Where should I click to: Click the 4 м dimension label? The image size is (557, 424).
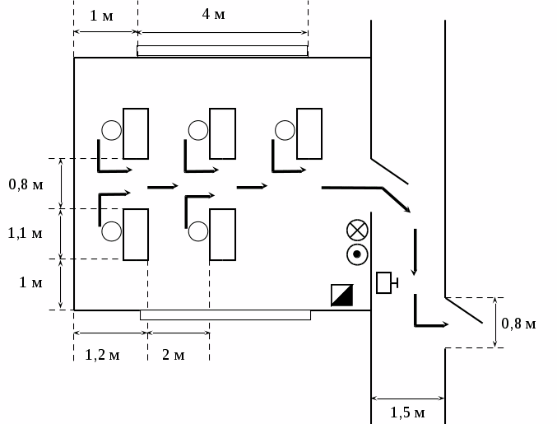tap(213, 14)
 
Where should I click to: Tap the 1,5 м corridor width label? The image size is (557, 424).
tap(407, 412)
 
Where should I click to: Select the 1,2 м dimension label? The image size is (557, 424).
tap(103, 355)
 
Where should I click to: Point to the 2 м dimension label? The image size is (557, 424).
tap(173, 355)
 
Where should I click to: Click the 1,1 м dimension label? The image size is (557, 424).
tap(26, 234)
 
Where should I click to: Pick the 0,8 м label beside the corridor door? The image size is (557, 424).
tap(518, 324)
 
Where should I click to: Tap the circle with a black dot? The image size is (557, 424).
tap(357, 254)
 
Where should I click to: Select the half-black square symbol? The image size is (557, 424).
tap(341, 295)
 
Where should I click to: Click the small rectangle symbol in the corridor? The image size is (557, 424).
tap(384, 282)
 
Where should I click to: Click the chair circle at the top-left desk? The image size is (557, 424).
tap(112, 130)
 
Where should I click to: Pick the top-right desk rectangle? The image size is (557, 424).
tap(309, 133)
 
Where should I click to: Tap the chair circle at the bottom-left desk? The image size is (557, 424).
tap(112, 231)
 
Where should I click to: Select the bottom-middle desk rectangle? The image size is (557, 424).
tap(223, 235)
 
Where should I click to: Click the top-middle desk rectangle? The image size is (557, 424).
tap(223, 133)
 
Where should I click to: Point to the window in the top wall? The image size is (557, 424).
tap(222, 51)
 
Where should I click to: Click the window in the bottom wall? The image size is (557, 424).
tap(225, 315)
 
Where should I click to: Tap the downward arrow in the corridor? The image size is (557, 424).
tap(415, 251)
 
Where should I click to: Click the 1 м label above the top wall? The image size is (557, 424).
tap(101, 16)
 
